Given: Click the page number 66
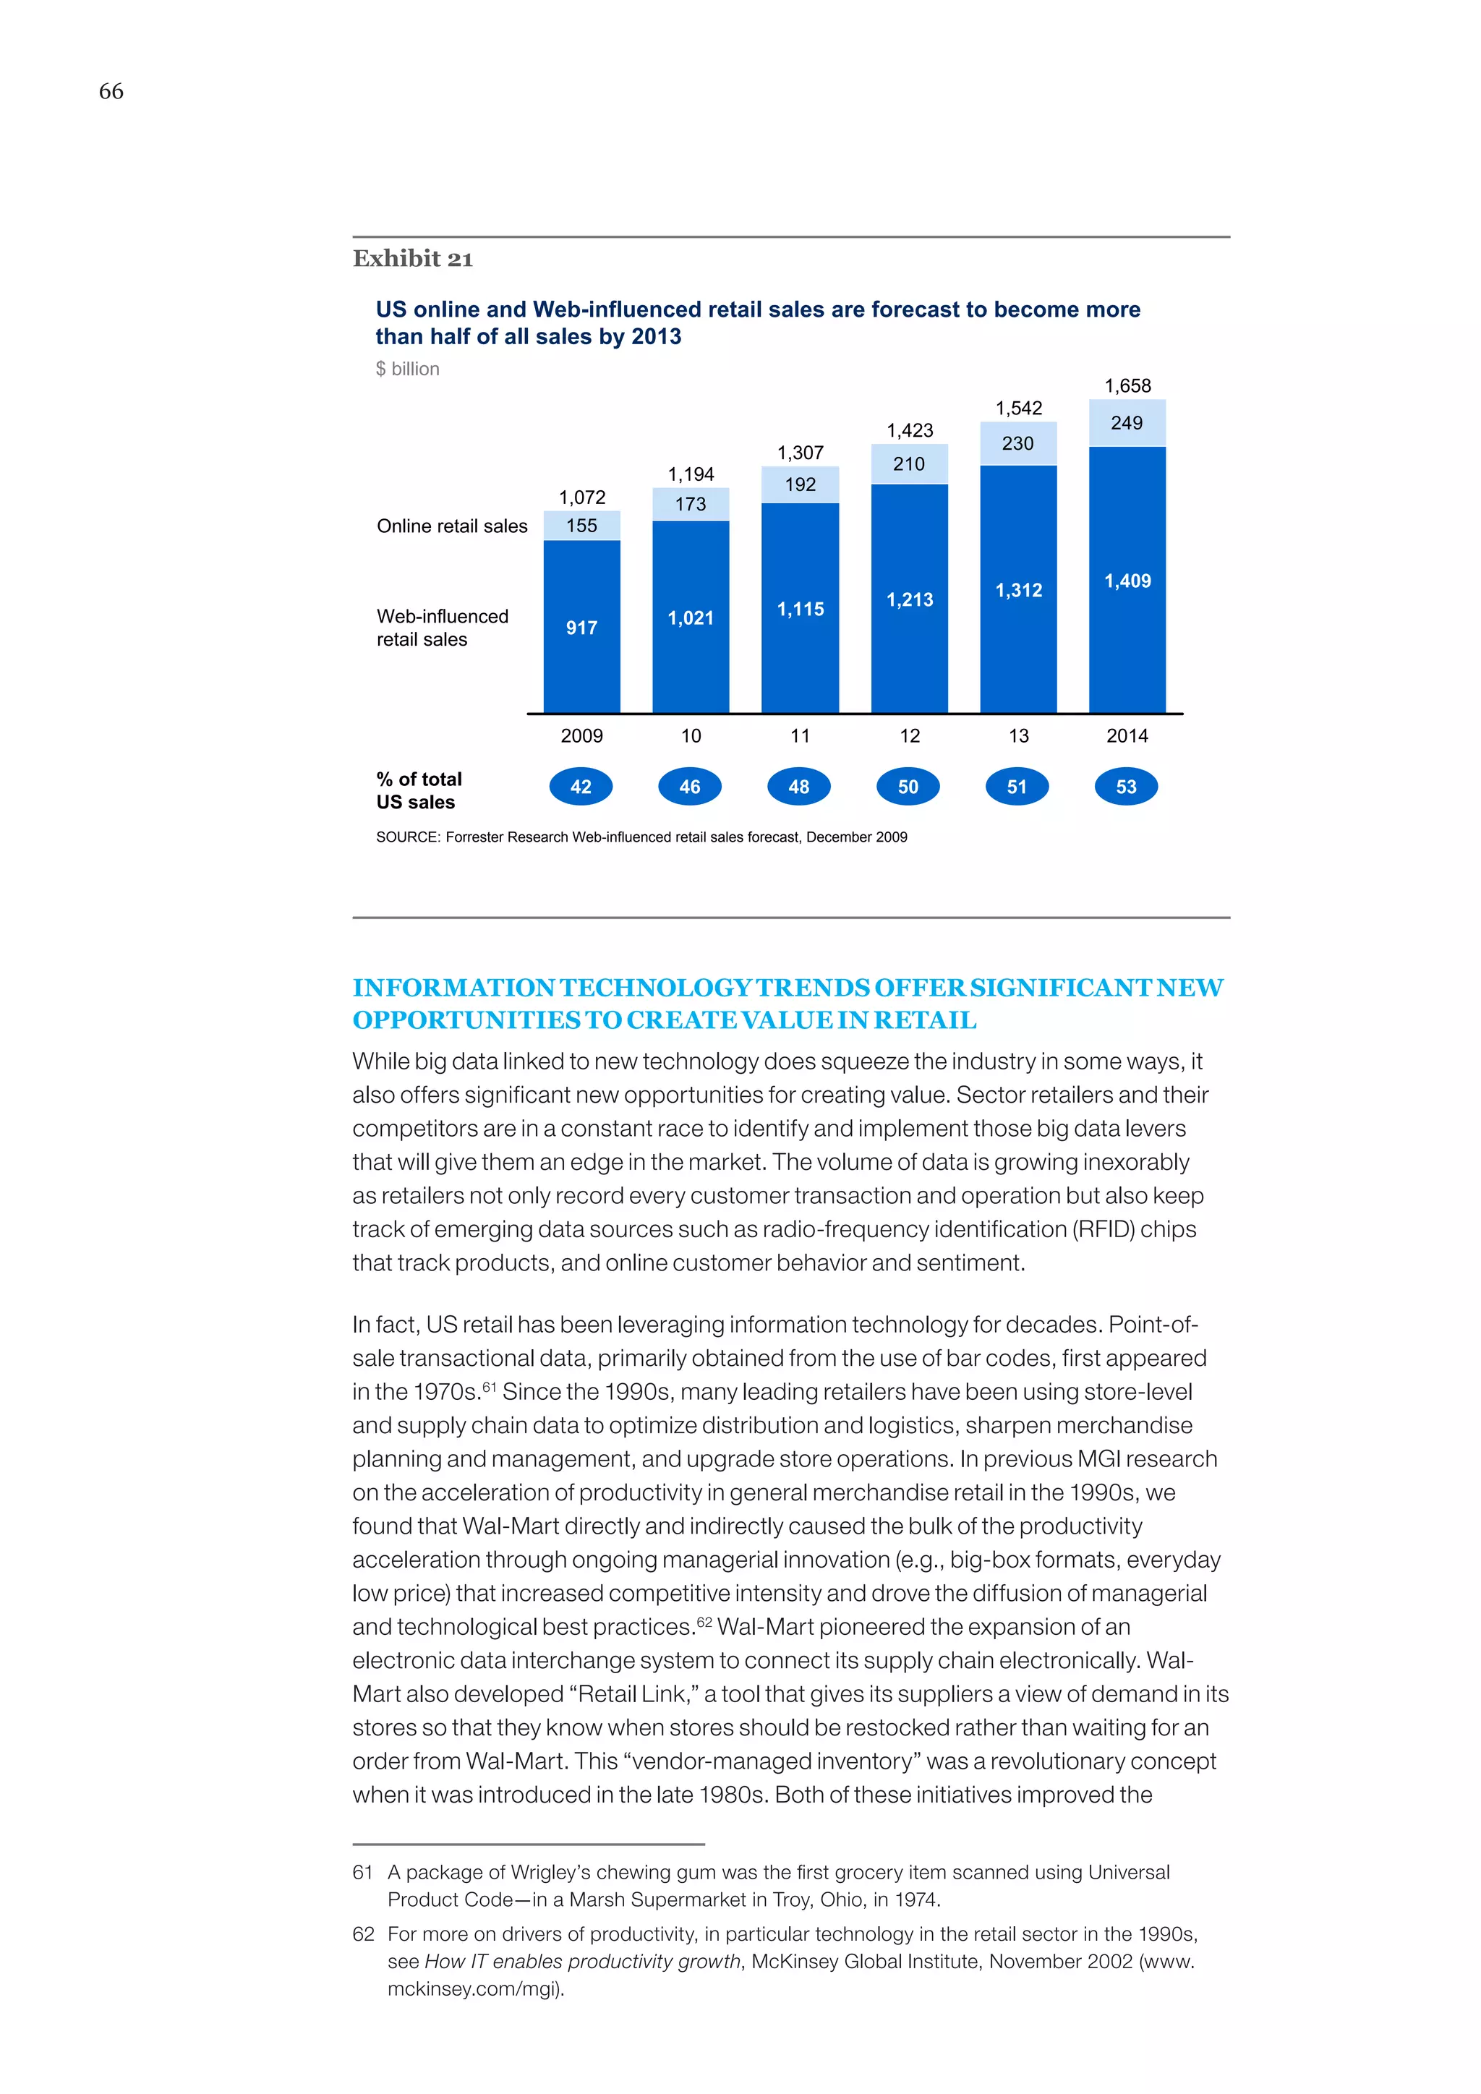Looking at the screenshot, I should click(x=111, y=91).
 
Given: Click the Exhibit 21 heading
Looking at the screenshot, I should click(x=412, y=259).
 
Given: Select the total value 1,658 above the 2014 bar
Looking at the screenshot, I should click(x=1127, y=386).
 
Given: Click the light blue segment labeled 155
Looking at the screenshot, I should click(x=582, y=526).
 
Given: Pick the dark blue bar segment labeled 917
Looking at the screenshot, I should click(x=582, y=628).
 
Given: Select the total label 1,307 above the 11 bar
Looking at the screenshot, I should click(x=800, y=453).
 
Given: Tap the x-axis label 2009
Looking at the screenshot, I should click(x=582, y=736).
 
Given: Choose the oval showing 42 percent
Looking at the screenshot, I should click(x=581, y=787).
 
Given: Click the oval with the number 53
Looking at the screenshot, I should click(x=1126, y=787).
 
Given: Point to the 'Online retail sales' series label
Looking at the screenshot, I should click(x=451, y=526).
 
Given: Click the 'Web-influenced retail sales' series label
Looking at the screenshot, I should click(x=443, y=628).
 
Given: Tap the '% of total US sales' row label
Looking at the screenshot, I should click(x=419, y=791).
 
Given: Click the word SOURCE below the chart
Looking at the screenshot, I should click(x=406, y=837).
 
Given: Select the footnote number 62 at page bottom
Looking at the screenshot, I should click(x=363, y=1933).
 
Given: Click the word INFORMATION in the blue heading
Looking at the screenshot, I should click(x=453, y=988).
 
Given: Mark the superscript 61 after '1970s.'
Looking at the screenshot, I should click(x=489, y=1386).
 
